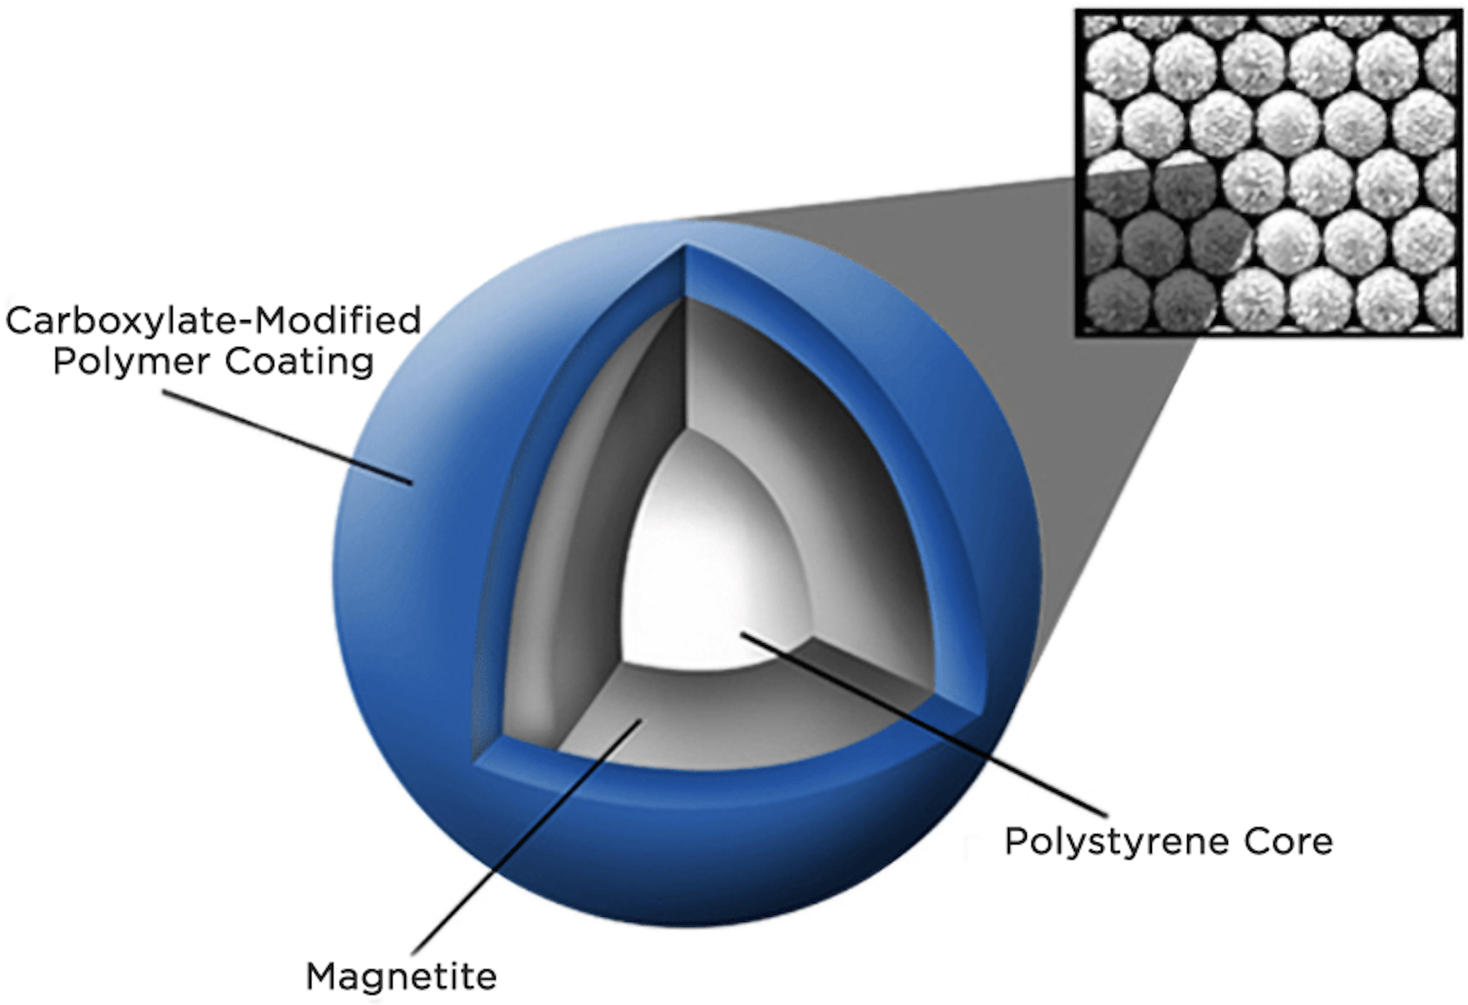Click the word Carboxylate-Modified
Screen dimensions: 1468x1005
(x=214, y=321)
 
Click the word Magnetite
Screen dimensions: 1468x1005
(x=401, y=977)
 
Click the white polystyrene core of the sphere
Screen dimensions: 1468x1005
(x=695, y=568)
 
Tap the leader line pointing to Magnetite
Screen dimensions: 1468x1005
(x=524, y=840)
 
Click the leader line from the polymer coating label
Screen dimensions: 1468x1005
(x=287, y=437)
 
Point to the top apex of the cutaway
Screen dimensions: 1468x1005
(x=685, y=248)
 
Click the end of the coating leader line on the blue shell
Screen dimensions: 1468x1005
(x=411, y=483)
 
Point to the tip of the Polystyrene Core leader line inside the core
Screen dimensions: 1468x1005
(x=743, y=633)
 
